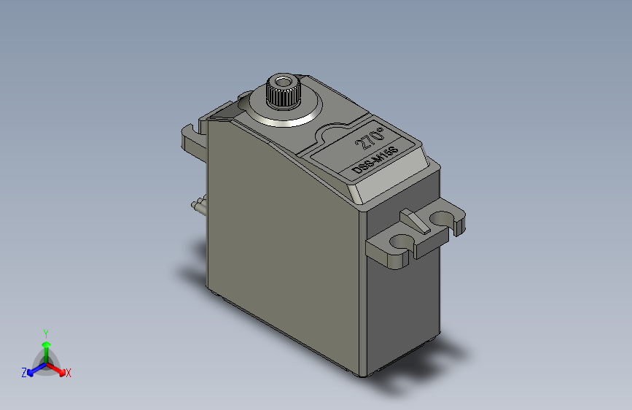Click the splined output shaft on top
(284, 93)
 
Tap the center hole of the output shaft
(284, 80)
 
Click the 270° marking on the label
(369, 138)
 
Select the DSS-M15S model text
(375, 160)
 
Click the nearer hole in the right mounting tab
(399, 241)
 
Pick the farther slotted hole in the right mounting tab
(442, 218)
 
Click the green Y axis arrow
(46, 349)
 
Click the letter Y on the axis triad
(46, 333)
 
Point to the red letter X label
(68, 373)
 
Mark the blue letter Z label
(24, 373)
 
